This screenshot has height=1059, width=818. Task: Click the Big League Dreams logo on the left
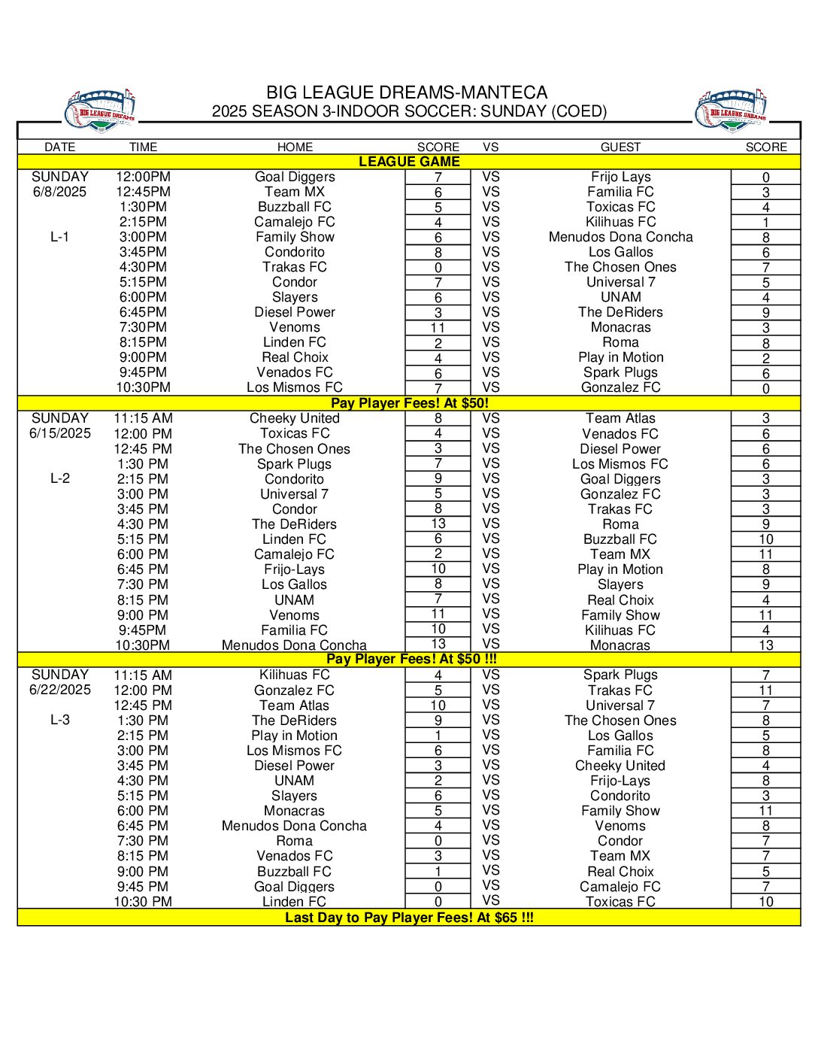[x=101, y=111]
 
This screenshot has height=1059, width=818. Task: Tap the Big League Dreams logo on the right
[x=732, y=111]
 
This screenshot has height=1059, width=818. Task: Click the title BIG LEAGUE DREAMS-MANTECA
[x=407, y=93]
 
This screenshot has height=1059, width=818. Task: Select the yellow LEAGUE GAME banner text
[x=409, y=162]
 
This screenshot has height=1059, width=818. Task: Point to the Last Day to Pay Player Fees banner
[x=409, y=918]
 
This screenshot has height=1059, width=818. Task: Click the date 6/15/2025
[x=60, y=433]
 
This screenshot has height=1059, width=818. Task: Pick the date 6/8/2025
[x=60, y=192]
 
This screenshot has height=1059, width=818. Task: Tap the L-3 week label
[x=60, y=720]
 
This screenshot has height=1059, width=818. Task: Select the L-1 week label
[x=60, y=237]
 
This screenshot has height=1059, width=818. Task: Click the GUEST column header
[x=620, y=147]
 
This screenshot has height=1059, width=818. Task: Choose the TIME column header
[x=143, y=147]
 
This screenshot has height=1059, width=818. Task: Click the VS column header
[x=491, y=147]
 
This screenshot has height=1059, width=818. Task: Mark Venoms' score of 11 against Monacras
[x=438, y=328]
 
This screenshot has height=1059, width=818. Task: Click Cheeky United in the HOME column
[x=295, y=418]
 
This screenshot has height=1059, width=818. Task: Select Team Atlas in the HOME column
[x=295, y=705]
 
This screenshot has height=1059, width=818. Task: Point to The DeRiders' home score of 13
[x=438, y=523]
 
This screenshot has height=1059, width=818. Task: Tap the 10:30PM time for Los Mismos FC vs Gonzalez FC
[x=143, y=387]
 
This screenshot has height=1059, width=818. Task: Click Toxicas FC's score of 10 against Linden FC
[x=765, y=902]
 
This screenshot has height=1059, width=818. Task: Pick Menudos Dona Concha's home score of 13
[x=438, y=644]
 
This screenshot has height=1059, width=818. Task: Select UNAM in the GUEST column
[x=620, y=297]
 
